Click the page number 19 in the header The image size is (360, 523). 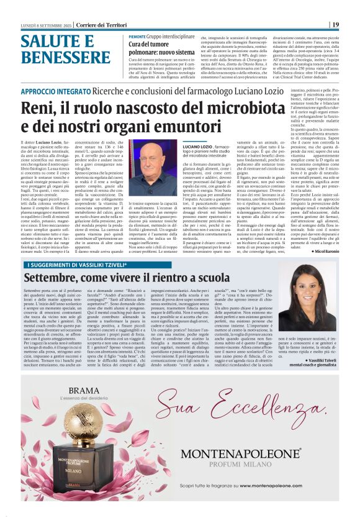coord(335,25)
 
